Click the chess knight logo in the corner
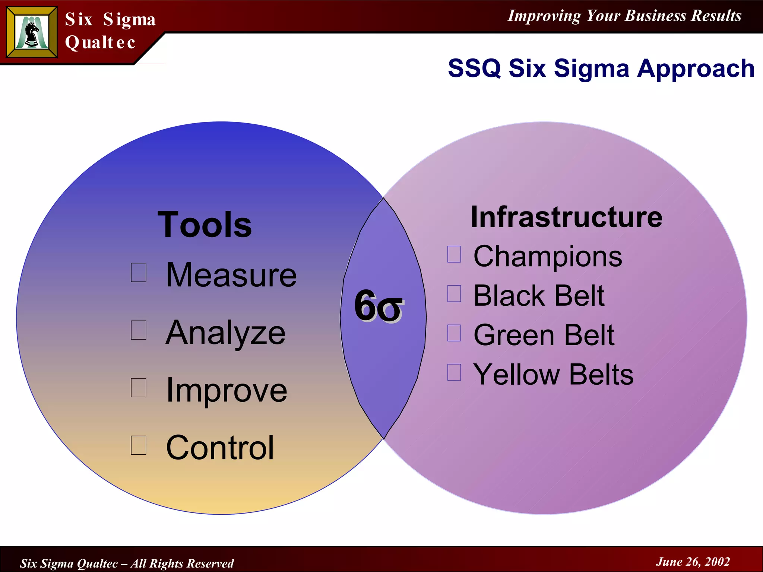[x=32, y=33]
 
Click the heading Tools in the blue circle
[x=205, y=225]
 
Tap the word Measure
[x=231, y=275]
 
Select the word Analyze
[x=225, y=333]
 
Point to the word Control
[x=220, y=448]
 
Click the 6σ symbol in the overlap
[x=379, y=306]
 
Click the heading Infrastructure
[x=566, y=217]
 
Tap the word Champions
[x=548, y=257]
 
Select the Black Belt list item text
[x=539, y=296]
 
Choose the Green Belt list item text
[x=544, y=335]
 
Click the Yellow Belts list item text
[x=553, y=374]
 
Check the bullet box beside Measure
[x=139, y=272]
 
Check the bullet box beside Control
[x=139, y=445]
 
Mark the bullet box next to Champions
[x=454, y=254]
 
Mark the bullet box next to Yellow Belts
[x=454, y=372]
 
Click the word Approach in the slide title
[x=696, y=69]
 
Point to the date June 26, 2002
[x=693, y=562]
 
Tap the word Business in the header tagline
[x=655, y=16]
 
